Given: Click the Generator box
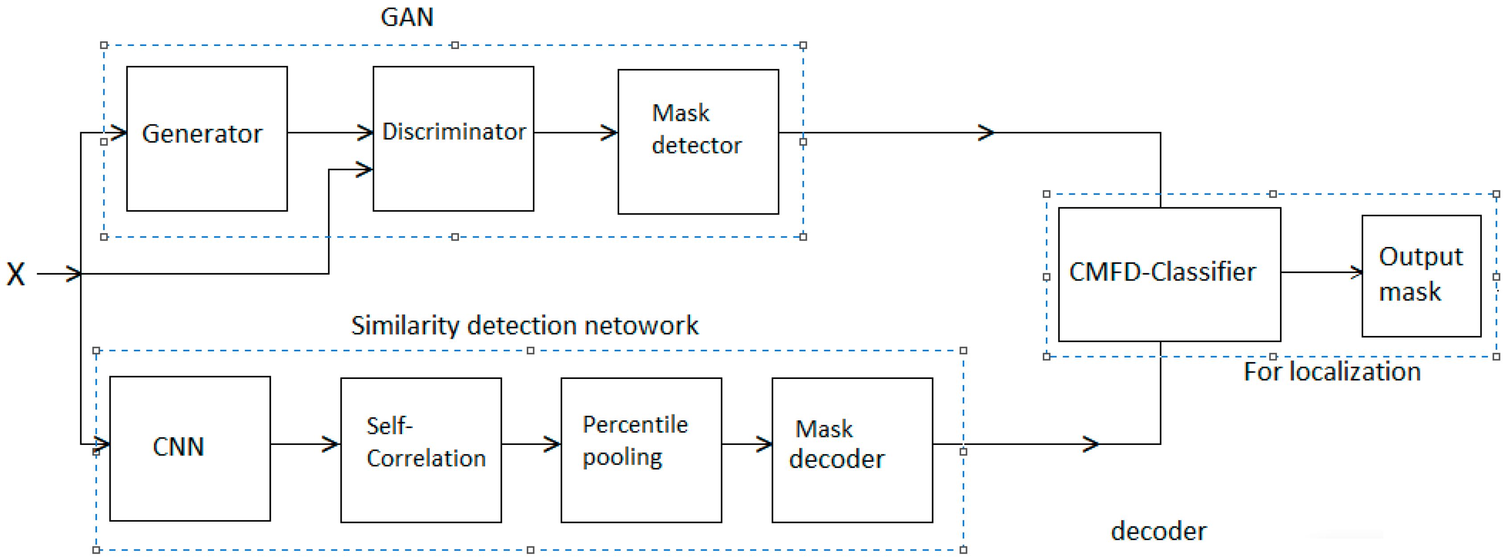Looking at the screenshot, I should click(207, 138).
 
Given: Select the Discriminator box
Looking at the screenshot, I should click(453, 138).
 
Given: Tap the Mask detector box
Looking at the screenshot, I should click(698, 141).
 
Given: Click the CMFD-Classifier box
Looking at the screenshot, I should click(1169, 274).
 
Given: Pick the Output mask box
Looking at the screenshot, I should click(1421, 275).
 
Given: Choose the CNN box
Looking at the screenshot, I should click(190, 448).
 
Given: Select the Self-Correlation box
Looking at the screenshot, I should click(420, 449).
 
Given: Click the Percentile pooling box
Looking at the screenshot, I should click(640, 449).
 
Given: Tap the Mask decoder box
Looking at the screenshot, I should click(851, 449).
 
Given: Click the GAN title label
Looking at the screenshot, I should click(407, 17).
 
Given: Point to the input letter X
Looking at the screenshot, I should click(16, 274).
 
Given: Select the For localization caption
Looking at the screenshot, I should click(1332, 372).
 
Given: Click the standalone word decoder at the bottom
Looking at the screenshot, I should click(1158, 531).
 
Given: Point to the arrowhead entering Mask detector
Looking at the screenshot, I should click(610, 132).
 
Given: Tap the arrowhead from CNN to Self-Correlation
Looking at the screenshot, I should click(332, 444).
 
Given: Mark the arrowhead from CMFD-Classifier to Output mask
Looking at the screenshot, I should click(1356, 272).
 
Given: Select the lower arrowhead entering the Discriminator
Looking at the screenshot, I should click(365, 170).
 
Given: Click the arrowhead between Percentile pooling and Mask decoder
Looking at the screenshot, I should click(765, 444).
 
